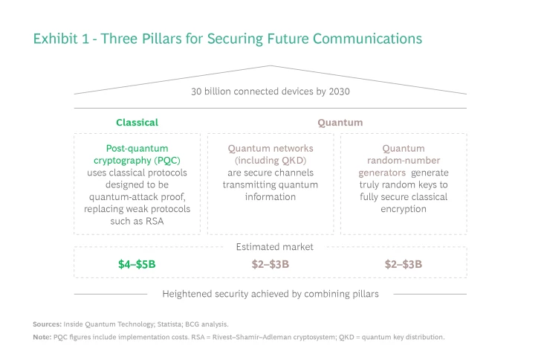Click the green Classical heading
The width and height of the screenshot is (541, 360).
tap(137, 122)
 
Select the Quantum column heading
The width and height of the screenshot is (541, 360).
tap(340, 122)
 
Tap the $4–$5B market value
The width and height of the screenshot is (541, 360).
tap(137, 264)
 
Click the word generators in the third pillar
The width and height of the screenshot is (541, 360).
tap(384, 173)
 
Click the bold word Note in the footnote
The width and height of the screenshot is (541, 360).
tap(42, 337)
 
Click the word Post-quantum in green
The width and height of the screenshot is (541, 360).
tap(137, 148)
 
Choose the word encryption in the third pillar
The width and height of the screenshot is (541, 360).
tap(404, 209)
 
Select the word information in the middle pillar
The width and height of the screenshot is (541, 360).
tap(270, 197)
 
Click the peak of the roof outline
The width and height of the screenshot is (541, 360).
tap(270, 66)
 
